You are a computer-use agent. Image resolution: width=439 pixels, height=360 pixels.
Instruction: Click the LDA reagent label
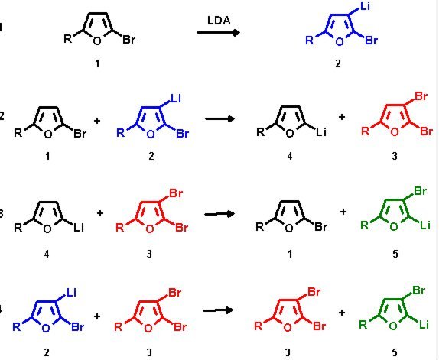219,21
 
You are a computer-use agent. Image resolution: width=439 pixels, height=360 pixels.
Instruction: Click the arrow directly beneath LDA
219,33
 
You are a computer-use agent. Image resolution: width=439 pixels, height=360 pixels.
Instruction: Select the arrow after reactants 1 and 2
219,119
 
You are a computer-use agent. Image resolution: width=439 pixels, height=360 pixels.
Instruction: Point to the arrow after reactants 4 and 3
219,214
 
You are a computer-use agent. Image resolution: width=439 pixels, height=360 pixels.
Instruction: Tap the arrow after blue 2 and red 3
218,310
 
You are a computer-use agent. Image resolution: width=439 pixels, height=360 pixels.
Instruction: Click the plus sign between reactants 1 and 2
97,121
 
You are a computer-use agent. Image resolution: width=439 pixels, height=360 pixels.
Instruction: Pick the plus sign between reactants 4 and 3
100,213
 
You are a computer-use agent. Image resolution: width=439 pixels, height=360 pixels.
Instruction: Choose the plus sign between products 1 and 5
343,212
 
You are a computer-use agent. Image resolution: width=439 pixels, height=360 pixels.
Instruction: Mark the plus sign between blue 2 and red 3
97,316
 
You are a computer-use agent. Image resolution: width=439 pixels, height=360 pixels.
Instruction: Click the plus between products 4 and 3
341,117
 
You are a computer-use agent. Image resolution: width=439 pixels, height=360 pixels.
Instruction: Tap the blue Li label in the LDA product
365,6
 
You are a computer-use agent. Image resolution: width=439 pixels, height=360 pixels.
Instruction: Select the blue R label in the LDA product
310,41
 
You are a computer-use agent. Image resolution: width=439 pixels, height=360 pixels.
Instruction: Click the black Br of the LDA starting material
128,40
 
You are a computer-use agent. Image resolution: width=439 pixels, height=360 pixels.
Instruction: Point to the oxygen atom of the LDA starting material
97,41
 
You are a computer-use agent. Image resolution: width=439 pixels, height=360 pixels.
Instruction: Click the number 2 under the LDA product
338,63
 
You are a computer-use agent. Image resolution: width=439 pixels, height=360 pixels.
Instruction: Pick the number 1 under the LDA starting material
97,64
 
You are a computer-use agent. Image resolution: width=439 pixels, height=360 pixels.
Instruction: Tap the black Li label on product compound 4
321,131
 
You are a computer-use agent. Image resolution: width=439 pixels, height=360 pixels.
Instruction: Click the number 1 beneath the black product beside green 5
290,254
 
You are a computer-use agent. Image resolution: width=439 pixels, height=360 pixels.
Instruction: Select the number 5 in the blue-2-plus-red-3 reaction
395,352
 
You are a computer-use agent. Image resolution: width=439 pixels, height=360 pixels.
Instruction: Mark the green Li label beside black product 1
425,225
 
